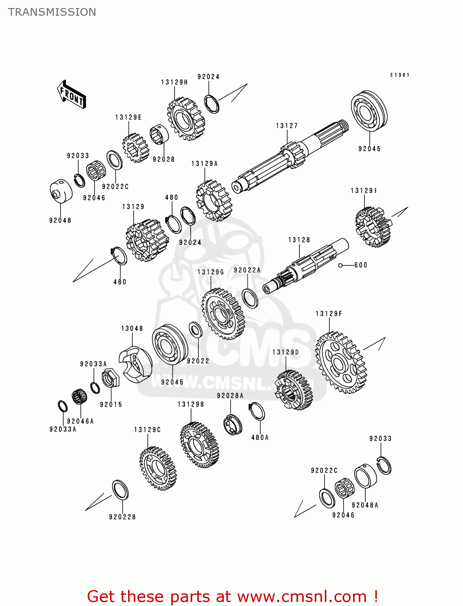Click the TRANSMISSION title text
[x=52, y=12]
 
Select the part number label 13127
[x=287, y=126]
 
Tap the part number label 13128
[x=299, y=240]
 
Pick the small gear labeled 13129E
[x=135, y=147]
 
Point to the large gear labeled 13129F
[x=341, y=363]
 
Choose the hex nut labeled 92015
[x=110, y=378]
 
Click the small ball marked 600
[x=341, y=265]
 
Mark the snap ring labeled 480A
[x=257, y=412]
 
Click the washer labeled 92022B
[x=120, y=490]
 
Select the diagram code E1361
[x=400, y=75]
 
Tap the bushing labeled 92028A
[x=233, y=424]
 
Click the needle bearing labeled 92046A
[x=80, y=396]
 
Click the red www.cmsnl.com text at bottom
[x=302, y=596]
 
